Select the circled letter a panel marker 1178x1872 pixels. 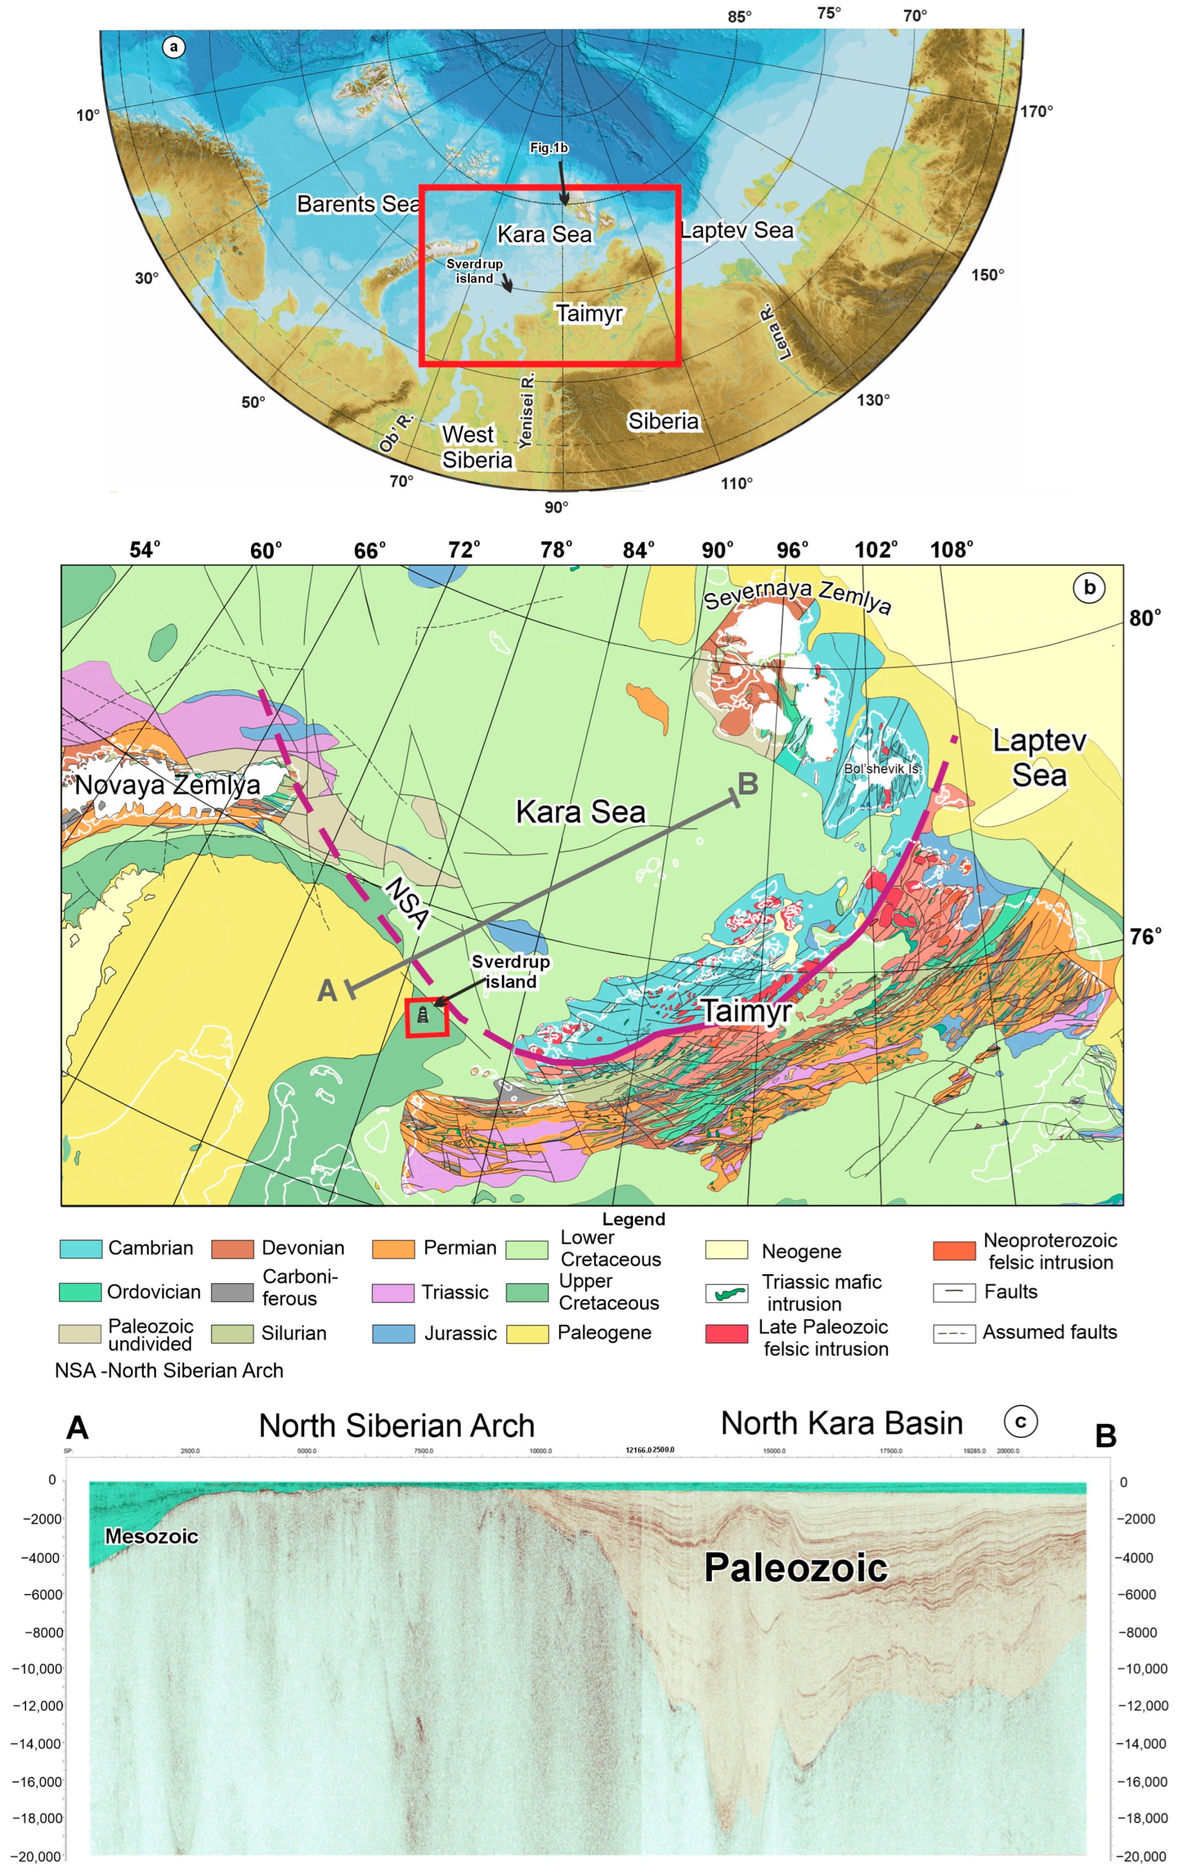tap(173, 47)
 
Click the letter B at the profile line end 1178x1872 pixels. tap(747, 783)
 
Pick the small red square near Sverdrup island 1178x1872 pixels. tap(427, 1018)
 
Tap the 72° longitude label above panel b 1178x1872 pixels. tap(464, 551)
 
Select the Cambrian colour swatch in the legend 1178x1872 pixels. tap(81, 1249)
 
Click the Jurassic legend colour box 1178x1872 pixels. tap(393, 1334)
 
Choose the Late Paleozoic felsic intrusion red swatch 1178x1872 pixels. tap(726, 1334)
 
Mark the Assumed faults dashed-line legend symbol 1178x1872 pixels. tap(954, 1333)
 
